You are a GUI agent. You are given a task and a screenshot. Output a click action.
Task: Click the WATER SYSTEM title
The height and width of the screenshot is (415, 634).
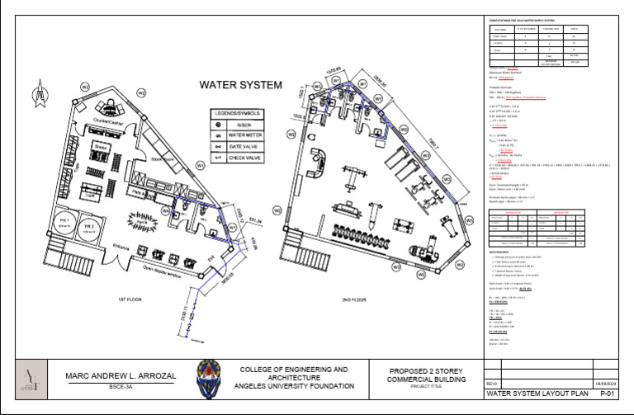240,84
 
